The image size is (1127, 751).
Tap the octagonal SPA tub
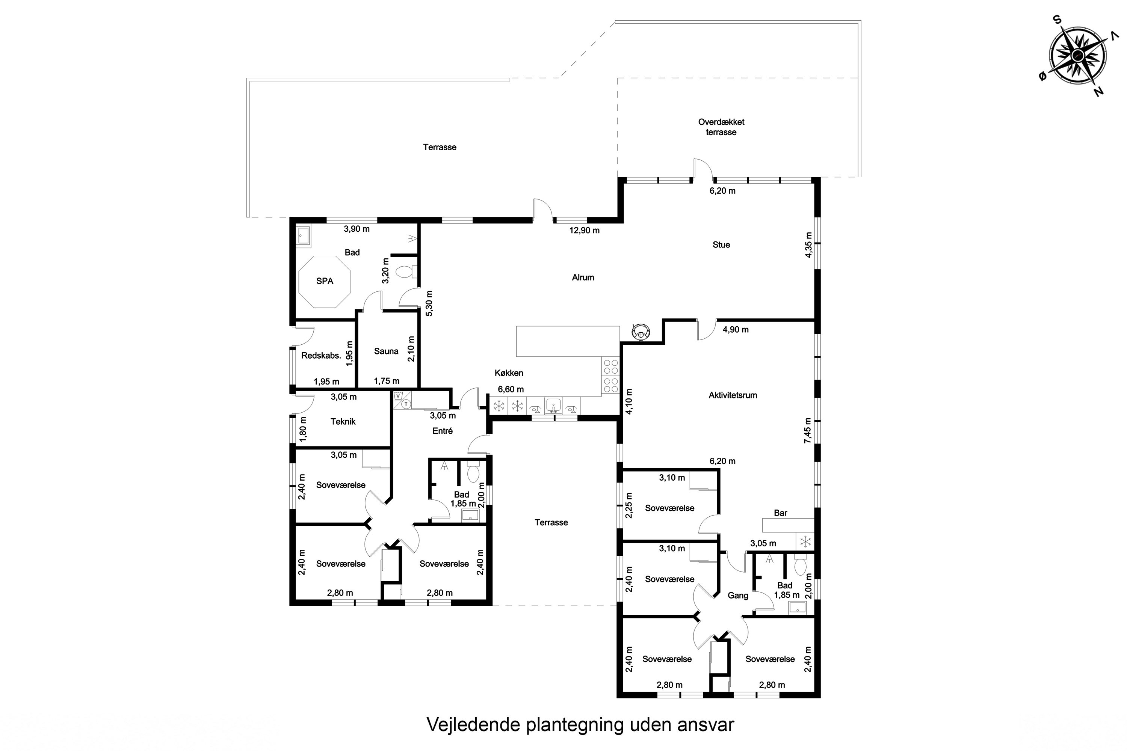[x=325, y=282]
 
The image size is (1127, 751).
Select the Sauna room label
[x=386, y=351]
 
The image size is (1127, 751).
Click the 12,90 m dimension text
[x=584, y=231]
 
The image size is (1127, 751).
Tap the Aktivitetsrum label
[x=733, y=395]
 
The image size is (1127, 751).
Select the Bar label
[x=780, y=513]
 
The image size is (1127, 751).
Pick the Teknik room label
[x=343, y=421]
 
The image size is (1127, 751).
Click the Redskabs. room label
[x=321, y=355]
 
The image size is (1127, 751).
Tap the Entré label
[x=442, y=431]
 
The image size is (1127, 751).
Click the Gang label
[x=737, y=595]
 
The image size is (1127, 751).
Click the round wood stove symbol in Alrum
[x=640, y=331]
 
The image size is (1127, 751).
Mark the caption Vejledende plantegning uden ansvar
[x=580, y=724]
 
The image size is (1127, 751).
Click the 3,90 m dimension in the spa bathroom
[x=357, y=229]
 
